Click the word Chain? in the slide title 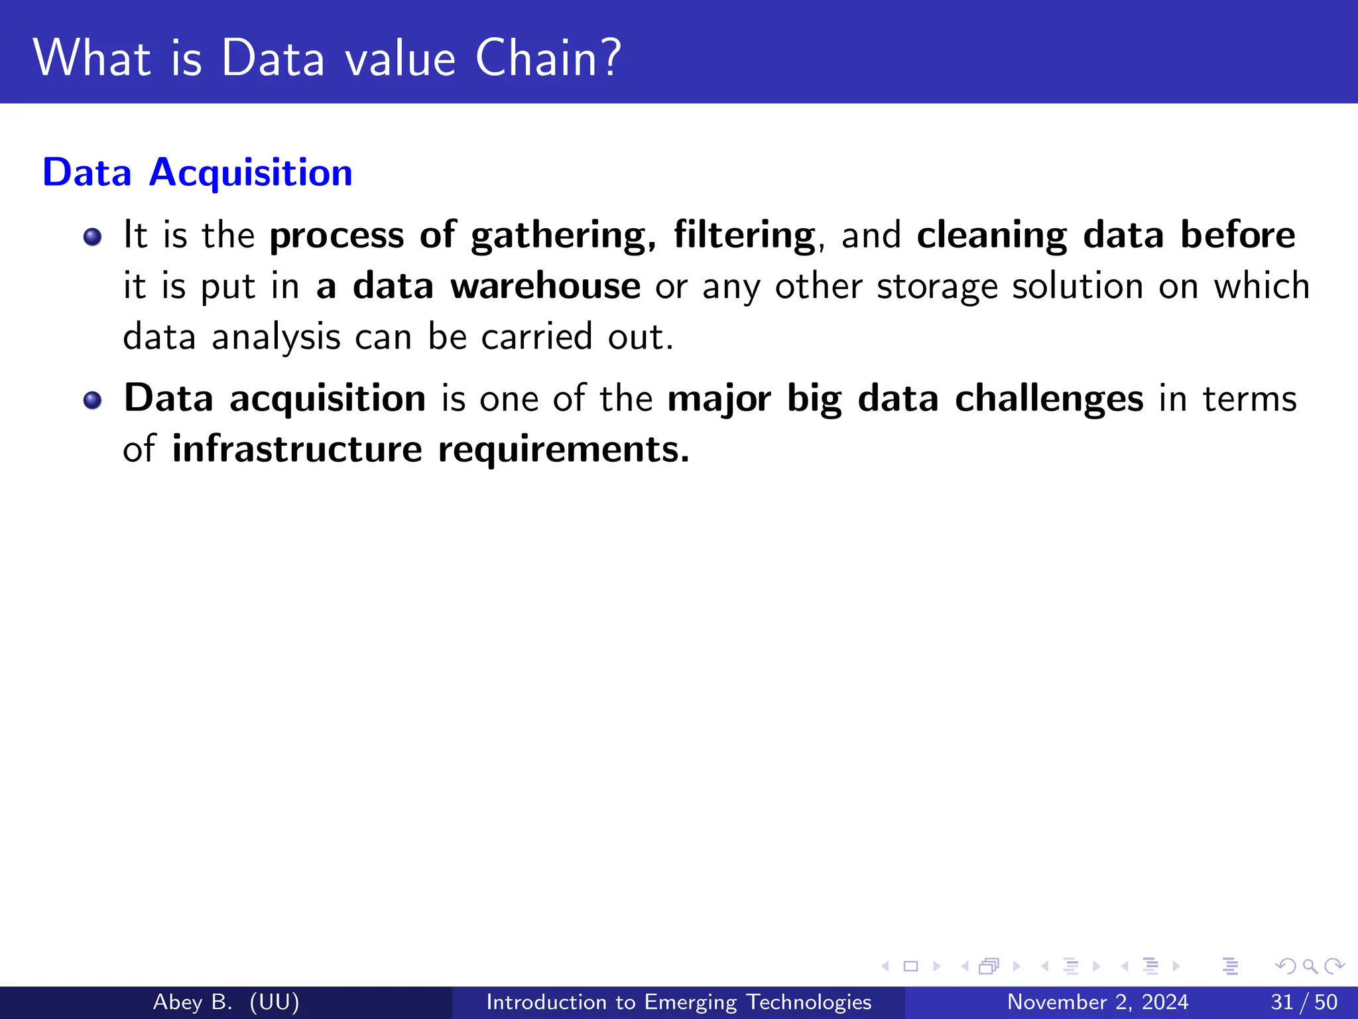point(548,58)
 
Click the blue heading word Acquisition point(251,173)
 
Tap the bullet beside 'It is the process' point(93,237)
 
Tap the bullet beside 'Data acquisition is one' point(93,400)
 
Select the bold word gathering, point(563,236)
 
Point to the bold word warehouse point(545,286)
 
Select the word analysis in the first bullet point(276,338)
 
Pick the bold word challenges point(1049,399)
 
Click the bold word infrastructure point(297,449)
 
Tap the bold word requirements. point(564,450)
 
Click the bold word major point(719,399)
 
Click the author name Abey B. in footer point(192,1002)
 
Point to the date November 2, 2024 point(1097,1002)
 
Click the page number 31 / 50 point(1304,1002)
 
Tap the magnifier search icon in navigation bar point(1310,966)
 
